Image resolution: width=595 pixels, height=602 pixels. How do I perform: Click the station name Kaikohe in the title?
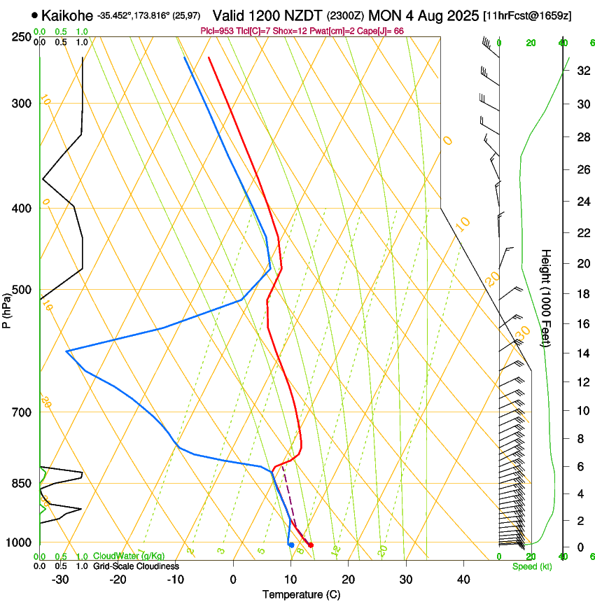pyautogui.click(x=66, y=15)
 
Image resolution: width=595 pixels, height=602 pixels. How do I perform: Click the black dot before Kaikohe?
pyautogui.click(x=34, y=15)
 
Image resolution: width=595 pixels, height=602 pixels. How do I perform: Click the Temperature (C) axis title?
pyautogui.click(x=301, y=594)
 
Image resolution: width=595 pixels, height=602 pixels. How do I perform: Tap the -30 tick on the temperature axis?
pyautogui.click(x=60, y=580)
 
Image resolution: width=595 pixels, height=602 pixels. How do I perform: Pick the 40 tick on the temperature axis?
pyautogui.click(x=463, y=580)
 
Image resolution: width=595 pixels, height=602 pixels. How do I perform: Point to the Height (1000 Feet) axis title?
pyautogui.click(x=547, y=297)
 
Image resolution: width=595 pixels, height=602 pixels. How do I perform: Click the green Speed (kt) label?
pyautogui.click(x=531, y=566)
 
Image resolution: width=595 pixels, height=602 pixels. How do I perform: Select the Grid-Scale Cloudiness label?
pyautogui.click(x=136, y=566)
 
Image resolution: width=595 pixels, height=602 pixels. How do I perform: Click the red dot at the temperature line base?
pyautogui.click(x=311, y=545)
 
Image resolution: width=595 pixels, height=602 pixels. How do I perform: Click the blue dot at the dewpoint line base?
pyautogui.click(x=291, y=545)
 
